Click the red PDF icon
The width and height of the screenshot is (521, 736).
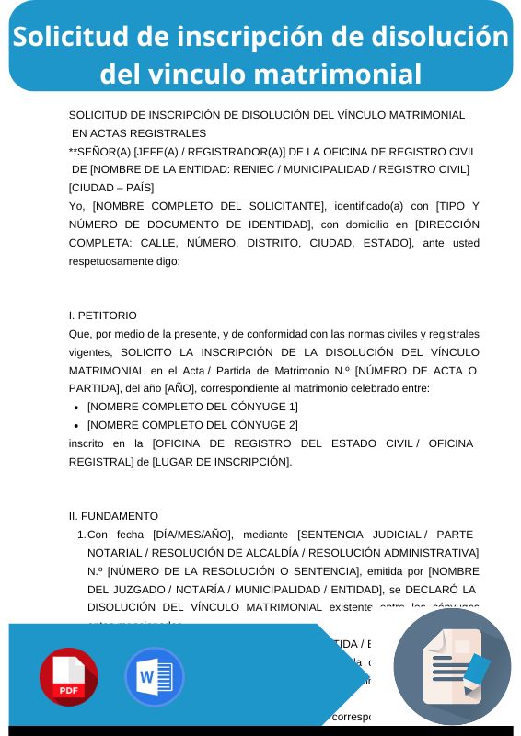pyautogui.click(x=68, y=676)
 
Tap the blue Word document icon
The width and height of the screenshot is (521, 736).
pyautogui.click(x=154, y=676)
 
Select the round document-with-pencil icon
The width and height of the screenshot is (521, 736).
pyautogui.click(x=452, y=667)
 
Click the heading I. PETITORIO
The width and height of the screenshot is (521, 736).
pyautogui.click(x=103, y=315)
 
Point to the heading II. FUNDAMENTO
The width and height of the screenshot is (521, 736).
pyautogui.click(x=113, y=515)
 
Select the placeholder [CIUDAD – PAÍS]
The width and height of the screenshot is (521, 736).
pyautogui.click(x=111, y=187)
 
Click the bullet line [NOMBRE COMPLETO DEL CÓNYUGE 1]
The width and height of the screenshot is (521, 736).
pyautogui.click(x=192, y=406)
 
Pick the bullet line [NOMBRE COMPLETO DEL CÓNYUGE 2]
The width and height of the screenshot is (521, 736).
pyautogui.click(x=192, y=424)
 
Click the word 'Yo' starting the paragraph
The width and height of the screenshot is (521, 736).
pyautogui.click(x=76, y=205)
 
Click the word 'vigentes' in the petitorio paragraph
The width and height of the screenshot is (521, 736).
pyautogui.click(x=89, y=351)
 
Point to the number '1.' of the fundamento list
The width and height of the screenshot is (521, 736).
pyautogui.click(x=81, y=534)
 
